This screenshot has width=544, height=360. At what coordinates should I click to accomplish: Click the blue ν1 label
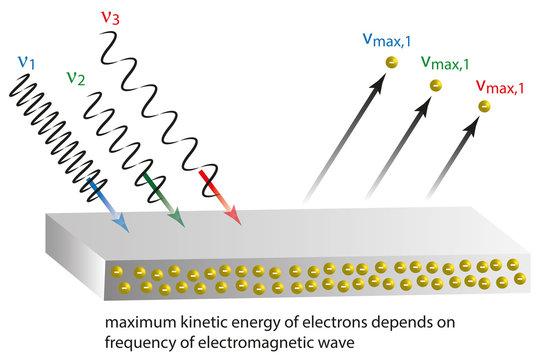pyautogui.click(x=26, y=62)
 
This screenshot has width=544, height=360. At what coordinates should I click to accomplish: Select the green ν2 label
pyautogui.click(x=74, y=77)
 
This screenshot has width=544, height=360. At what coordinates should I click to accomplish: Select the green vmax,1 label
pyautogui.click(x=447, y=64)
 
